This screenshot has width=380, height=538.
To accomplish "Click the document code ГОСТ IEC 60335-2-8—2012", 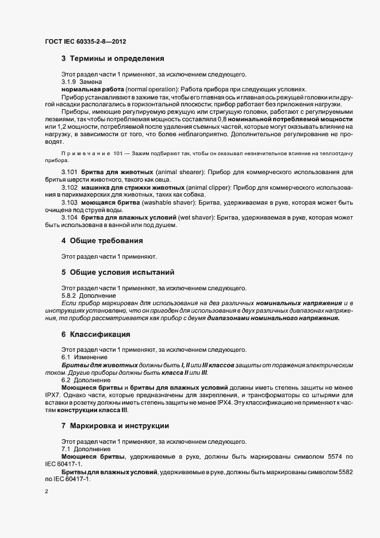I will pyautogui.click(x=85, y=41).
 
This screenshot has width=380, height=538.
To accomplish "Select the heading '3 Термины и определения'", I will pyautogui.click(x=113, y=59).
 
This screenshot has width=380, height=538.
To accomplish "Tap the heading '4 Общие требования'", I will pyautogui.click(x=102, y=240).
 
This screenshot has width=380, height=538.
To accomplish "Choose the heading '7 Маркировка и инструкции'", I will pyautogui.click(x=115, y=427).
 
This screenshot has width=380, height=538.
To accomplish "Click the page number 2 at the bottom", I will pyautogui.click(x=46, y=492).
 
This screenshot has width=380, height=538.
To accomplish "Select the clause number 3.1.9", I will pyautogui.click(x=68, y=82).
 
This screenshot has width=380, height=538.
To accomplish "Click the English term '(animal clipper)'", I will pyautogui.click(x=210, y=187).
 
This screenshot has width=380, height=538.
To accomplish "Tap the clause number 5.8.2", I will pyautogui.click(x=68, y=295).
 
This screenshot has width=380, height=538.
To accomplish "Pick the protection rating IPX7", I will pyautogui.click(x=53, y=396).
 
